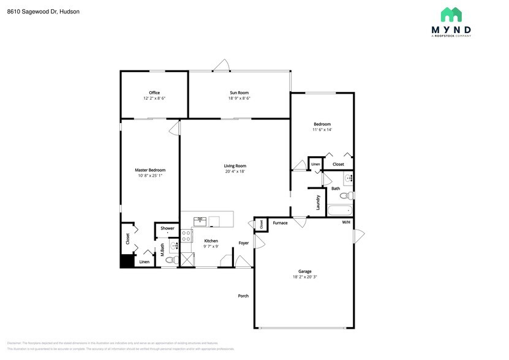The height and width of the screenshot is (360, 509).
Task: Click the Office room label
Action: pos(154,93)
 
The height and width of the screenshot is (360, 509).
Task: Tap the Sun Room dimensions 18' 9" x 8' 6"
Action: pos(239,99)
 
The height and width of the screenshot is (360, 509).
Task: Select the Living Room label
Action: pos(235,166)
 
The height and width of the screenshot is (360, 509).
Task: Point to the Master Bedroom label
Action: pos(150,170)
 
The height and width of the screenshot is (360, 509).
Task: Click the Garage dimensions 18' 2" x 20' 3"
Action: pos(304,277)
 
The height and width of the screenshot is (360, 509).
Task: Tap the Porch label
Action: pos(243,296)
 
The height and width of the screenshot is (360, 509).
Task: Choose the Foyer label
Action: pos(244,242)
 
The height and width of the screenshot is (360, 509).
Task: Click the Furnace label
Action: pos(280,223)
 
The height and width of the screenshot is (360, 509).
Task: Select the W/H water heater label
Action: pos(346,222)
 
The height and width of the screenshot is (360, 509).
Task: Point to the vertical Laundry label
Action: pos(319,202)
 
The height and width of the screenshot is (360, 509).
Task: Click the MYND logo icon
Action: pos(452,15)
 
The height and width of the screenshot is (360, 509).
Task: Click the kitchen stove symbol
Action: pos(187,237)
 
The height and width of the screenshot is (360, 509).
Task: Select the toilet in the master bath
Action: pos(171,260)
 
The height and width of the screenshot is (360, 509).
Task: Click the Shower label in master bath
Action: pos(167,228)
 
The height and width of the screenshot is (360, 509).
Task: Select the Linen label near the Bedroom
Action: pos(315,165)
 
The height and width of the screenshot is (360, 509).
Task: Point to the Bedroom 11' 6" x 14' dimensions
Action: pos(322,130)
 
